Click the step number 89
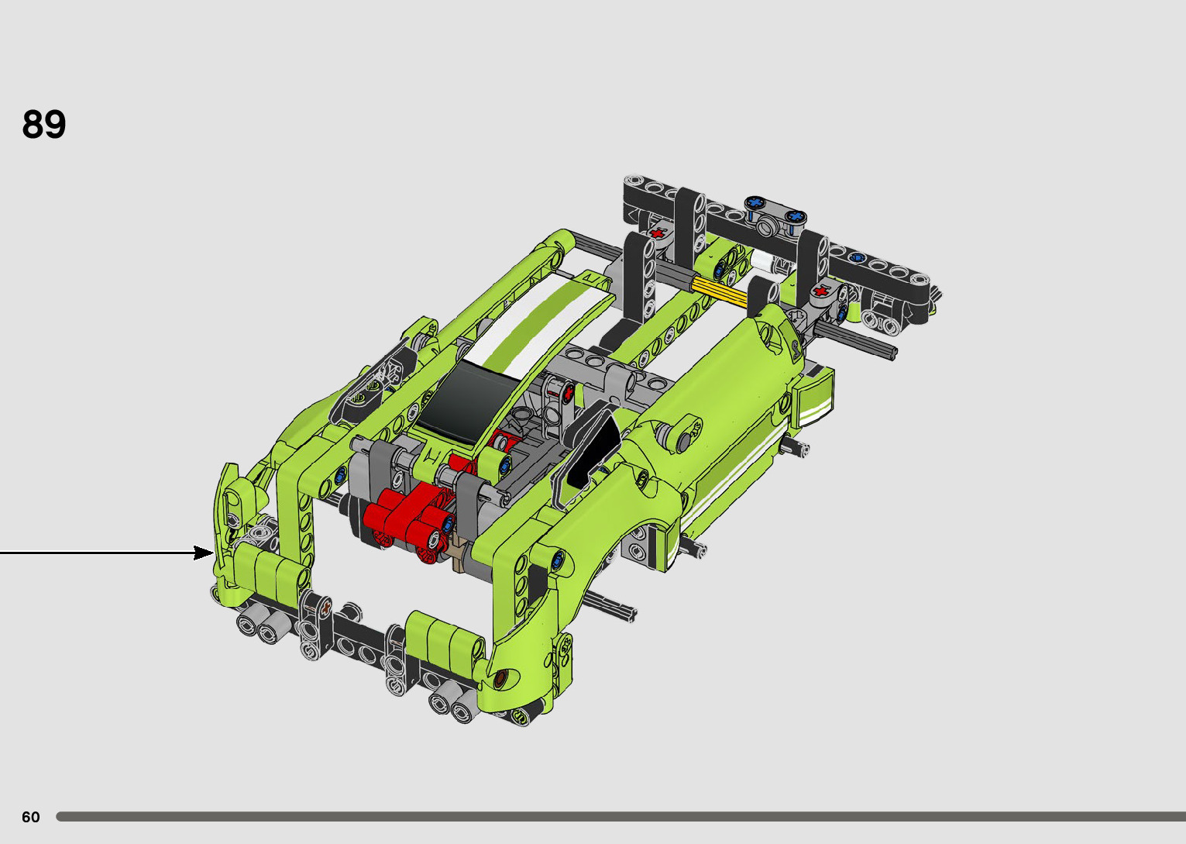44,125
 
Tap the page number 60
31,817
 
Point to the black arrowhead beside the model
204,553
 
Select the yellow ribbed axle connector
719,292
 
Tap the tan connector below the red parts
459,553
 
